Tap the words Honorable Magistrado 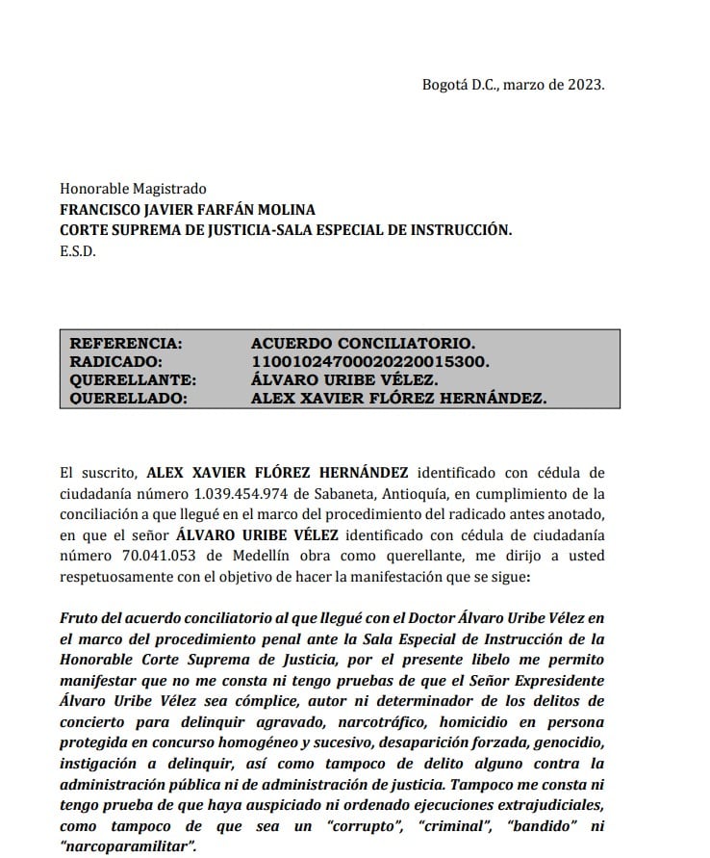133,189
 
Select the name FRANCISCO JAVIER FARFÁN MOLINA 188,210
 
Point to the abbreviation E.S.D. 78,252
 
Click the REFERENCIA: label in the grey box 125,343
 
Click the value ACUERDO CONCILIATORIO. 363,343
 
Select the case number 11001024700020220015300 370,361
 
